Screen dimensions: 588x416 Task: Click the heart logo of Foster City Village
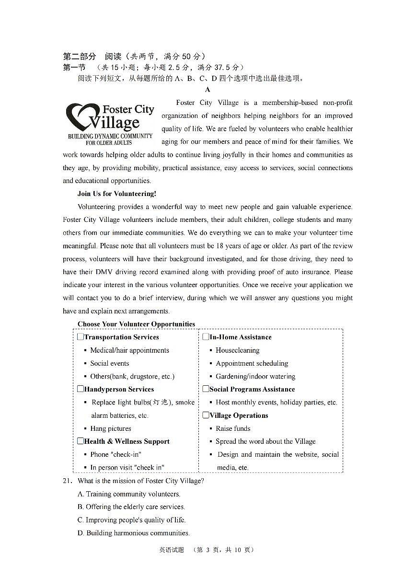(x=79, y=117)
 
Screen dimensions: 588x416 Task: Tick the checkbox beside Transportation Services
(x=81, y=337)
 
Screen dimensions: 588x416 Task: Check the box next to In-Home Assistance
(x=206, y=337)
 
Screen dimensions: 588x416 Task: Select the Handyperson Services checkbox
(x=81, y=389)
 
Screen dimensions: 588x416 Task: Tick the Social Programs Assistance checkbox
(x=206, y=389)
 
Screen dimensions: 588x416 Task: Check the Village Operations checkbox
(x=206, y=415)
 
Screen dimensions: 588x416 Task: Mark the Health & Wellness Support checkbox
(x=81, y=441)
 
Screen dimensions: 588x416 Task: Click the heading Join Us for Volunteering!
(x=117, y=194)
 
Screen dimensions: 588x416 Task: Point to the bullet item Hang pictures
(x=111, y=428)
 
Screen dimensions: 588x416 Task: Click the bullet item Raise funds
(x=233, y=428)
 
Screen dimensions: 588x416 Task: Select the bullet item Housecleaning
(x=237, y=350)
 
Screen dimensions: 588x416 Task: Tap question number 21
(x=67, y=481)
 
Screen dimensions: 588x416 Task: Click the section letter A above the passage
(x=208, y=90)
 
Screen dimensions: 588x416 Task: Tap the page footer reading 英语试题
(x=172, y=550)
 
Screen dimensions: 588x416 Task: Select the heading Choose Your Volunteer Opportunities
(x=136, y=324)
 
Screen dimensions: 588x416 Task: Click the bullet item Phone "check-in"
(x=116, y=454)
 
